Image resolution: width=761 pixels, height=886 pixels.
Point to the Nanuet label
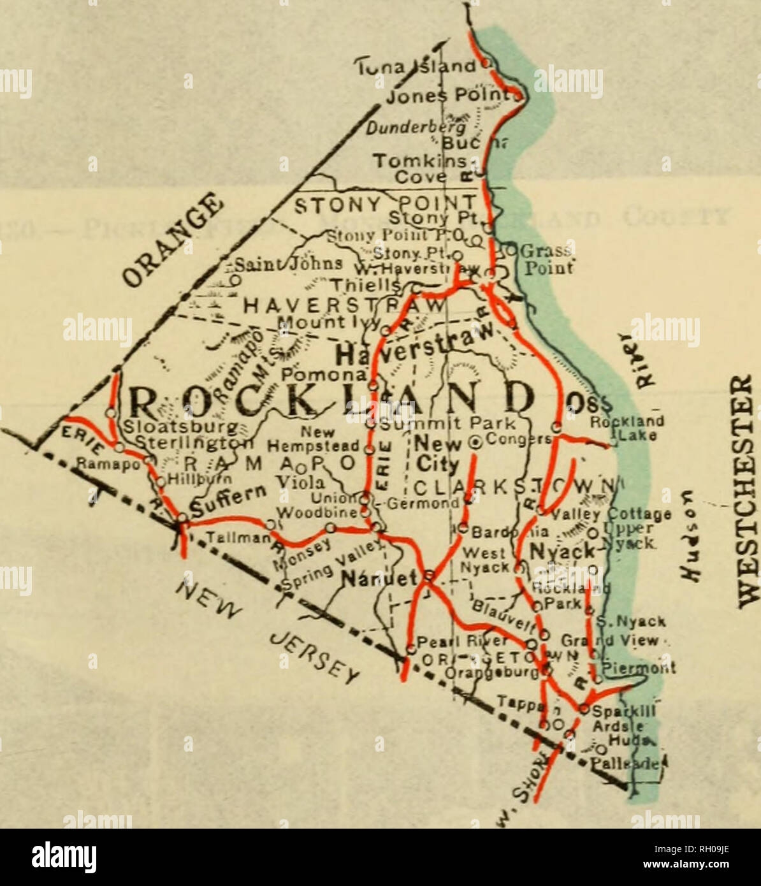[x=380, y=578]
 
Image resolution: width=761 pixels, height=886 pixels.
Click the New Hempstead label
[x=325, y=439]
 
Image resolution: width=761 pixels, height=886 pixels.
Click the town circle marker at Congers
[x=474, y=439]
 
